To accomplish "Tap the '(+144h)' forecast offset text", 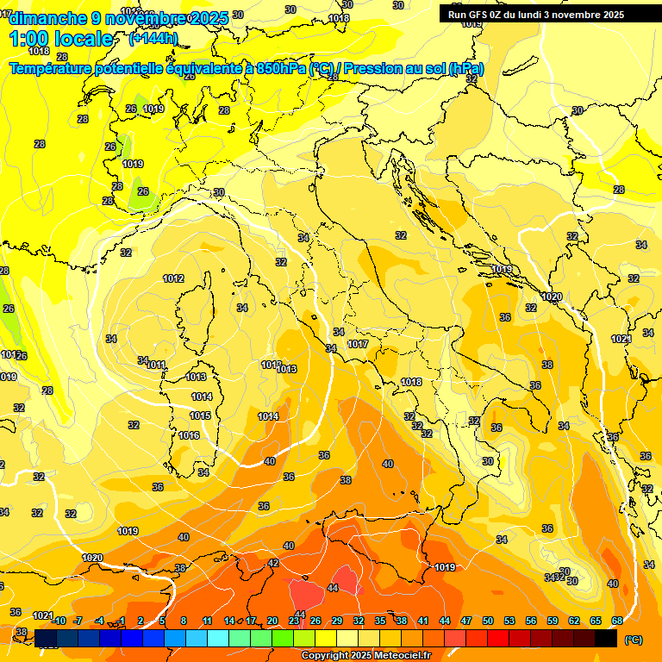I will click(153, 39).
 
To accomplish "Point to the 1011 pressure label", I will click(156, 365).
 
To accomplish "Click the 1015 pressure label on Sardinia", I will click(200, 415).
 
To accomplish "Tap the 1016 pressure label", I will click(190, 435).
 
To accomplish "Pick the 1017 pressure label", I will click(359, 344).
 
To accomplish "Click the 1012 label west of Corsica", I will click(173, 278).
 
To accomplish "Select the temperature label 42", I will click(273, 563).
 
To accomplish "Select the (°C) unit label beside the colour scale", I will click(634, 640).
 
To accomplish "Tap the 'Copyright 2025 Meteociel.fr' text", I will click(365, 656).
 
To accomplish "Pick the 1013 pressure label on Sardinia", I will click(197, 377).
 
